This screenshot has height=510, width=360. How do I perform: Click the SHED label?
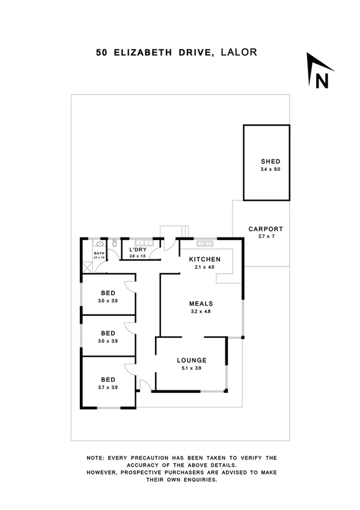[270, 162]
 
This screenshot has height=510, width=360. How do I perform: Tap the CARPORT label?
[266, 229]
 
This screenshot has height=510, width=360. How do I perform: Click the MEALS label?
[201, 304]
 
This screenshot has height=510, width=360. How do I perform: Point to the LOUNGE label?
[192, 360]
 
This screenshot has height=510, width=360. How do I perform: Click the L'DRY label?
[138, 249]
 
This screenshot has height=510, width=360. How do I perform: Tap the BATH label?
[99, 254]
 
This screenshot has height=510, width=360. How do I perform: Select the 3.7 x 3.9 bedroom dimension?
[108, 387]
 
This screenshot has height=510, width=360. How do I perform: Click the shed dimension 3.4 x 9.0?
[270, 170]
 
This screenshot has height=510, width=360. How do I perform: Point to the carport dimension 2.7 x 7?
[266, 237]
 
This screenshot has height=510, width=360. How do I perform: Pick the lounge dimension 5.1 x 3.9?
[192, 368]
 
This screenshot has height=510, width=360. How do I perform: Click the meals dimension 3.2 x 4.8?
[201, 312]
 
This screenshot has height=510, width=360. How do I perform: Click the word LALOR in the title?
[239, 52]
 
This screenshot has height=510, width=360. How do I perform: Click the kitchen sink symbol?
[203, 244]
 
